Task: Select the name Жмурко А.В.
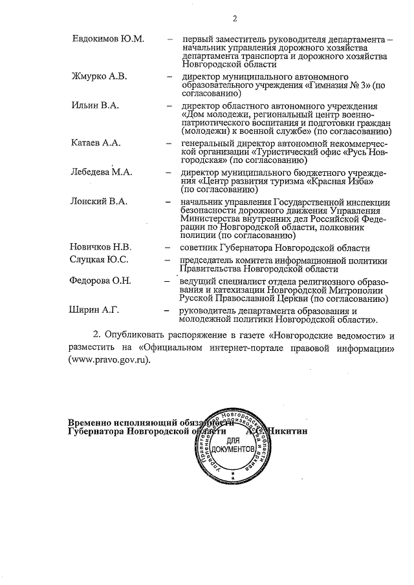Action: click(x=99, y=77)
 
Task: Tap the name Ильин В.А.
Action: click(x=96, y=105)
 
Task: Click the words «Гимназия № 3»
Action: click(x=338, y=85)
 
